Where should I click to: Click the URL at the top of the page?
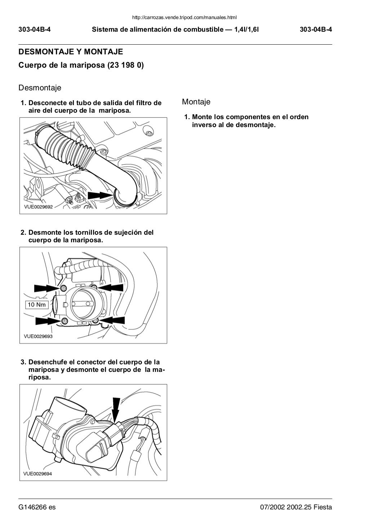point(184,17)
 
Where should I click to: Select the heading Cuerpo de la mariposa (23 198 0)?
point(81,66)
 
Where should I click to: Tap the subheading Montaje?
point(196,102)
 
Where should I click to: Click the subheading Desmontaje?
point(40,88)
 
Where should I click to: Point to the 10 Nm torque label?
point(36,305)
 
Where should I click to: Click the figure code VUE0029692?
point(38,207)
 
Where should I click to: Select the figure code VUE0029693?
point(38,336)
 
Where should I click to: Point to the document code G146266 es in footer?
point(37,508)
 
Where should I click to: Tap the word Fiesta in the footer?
point(323,508)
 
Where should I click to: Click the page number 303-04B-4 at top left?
point(35,30)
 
